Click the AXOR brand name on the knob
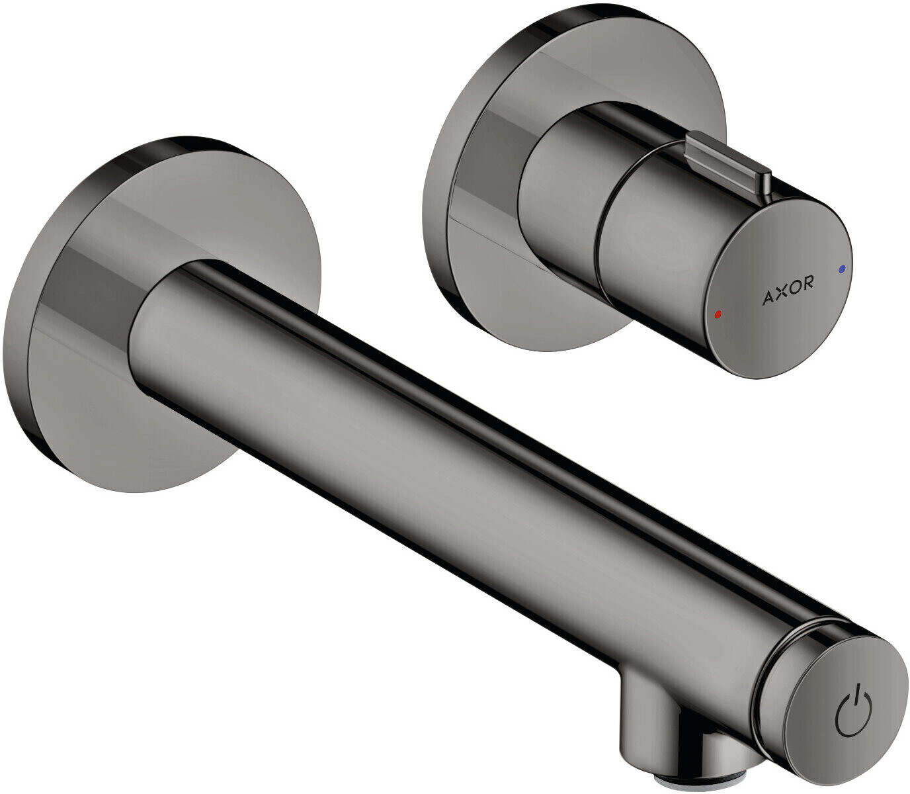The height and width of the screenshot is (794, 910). (788, 292)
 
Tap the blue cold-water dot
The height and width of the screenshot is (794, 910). (841, 269)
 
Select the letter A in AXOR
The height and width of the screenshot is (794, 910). (767, 299)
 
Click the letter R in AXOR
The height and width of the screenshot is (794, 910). (808, 284)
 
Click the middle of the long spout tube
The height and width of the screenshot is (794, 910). (463, 463)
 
